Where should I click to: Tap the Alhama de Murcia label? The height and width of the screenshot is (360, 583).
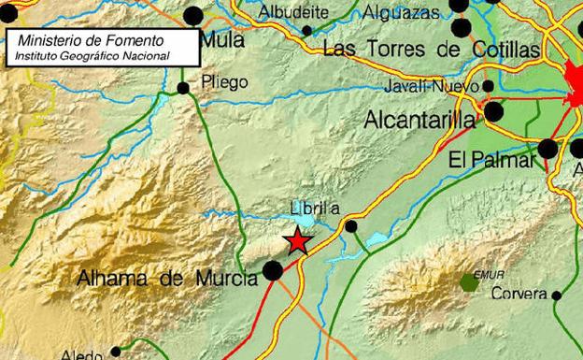(168, 279)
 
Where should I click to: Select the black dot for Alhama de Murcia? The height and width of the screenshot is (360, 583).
(273, 271)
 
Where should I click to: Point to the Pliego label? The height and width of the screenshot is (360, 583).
(223, 81)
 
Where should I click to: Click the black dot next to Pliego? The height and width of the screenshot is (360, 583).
(183, 88)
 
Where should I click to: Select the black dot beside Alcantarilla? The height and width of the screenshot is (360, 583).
(493, 112)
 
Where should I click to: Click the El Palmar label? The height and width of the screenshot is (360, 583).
(491, 160)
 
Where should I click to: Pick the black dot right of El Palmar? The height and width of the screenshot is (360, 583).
(548, 148)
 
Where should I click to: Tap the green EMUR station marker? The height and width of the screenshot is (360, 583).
(468, 281)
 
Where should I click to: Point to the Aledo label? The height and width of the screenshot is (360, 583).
(81, 354)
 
